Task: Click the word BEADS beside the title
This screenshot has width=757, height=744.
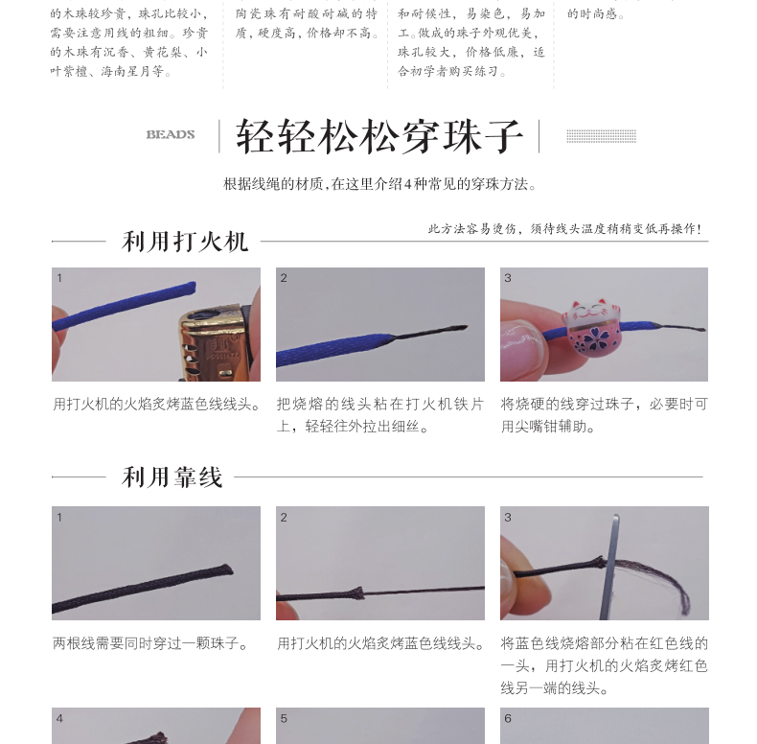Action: [x=171, y=135]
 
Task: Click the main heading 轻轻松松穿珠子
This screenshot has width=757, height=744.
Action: [x=379, y=137]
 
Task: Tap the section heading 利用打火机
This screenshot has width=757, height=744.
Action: [x=184, y=242]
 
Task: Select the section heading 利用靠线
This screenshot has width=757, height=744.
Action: [x=172, y=477]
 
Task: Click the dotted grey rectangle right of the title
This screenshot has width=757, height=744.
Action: [x=601, y=136]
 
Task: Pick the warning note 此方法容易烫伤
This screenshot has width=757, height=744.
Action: [x=564, y=228]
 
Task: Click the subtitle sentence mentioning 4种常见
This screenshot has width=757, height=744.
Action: [x=380, y=184]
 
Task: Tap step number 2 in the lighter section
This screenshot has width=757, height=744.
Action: [x=284, y=278]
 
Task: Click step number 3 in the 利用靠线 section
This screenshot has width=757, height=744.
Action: [x=508, y=518]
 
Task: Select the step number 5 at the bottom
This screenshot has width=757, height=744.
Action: [x=284, y=718]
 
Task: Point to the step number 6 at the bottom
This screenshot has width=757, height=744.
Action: [x=508, y=718]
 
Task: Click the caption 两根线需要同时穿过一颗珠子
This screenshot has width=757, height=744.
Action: [x=150, y=643]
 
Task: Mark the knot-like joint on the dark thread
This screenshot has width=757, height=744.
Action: [x=356, y=593]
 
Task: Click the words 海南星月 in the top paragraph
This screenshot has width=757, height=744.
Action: [x=126, y=72]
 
